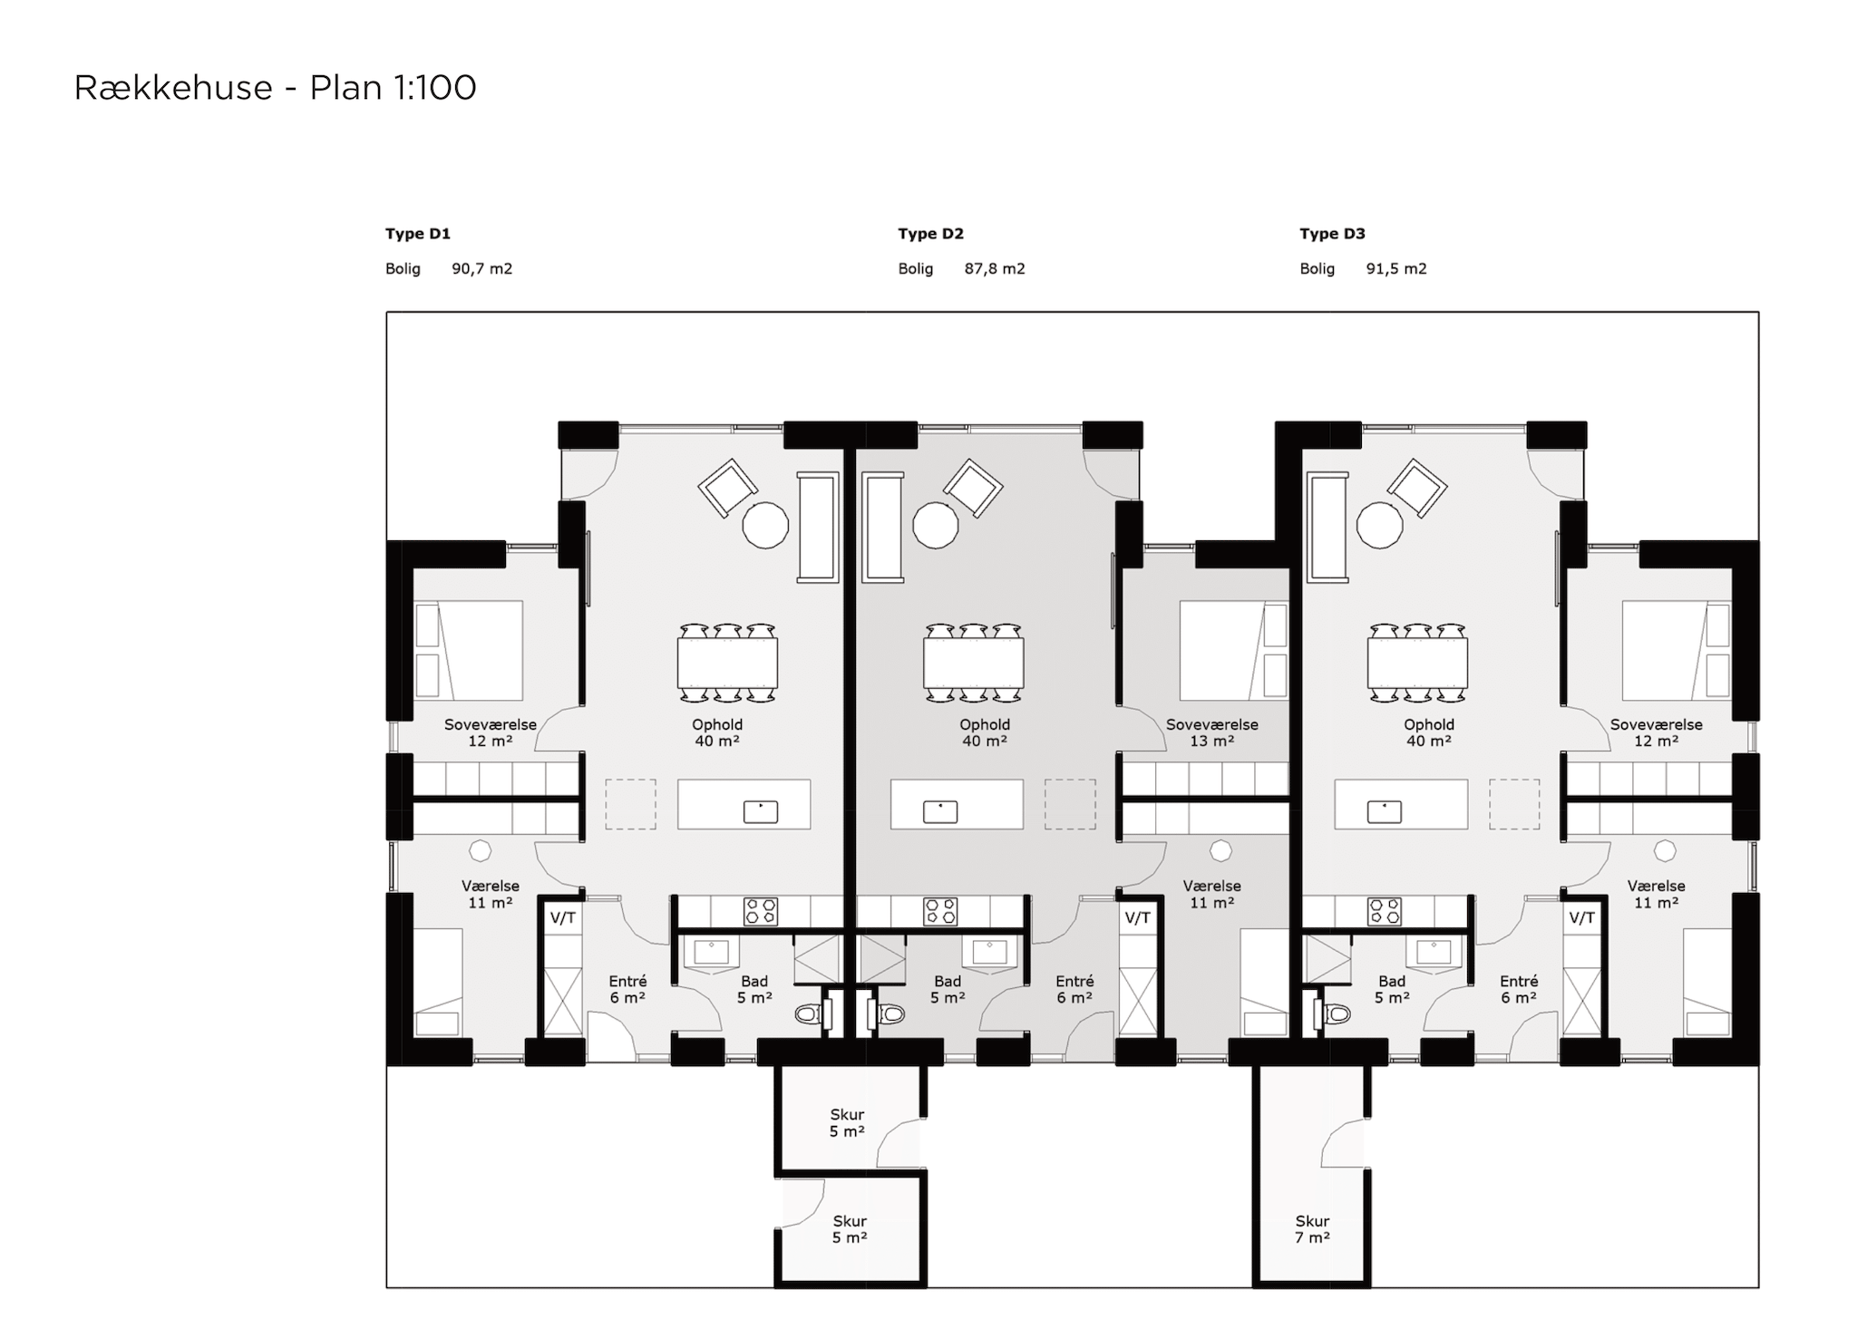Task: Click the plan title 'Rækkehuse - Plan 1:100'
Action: tap(275, 88)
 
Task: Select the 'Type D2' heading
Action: tap(930, 234)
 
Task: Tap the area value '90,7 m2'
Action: tap(482, 268)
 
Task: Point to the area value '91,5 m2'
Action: tap(1396, 268)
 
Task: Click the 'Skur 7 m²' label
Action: tap(1312, 1229)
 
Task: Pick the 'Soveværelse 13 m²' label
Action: tap(1211, 732)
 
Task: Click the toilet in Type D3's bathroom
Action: tap(1336, 1013)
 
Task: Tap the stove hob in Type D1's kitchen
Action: tap(760, 911)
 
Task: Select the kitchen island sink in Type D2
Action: tap(940, 811)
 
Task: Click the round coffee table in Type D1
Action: tap(765, 525)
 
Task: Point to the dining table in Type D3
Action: tap(1417, 663)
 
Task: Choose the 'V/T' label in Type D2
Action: tap(1137, 917)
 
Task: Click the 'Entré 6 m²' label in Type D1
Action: tap(627, 989)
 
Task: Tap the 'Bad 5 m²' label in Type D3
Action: tap(1392, 989)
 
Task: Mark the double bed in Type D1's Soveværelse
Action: tap(469, 650)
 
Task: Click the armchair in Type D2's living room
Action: tap(973, 488)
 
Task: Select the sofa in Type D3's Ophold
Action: tap(1327, 526)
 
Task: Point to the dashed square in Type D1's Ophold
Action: tap(630, 804)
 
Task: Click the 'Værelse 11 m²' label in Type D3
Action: tap(1656, 894)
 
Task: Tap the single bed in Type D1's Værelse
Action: tap(438, 982)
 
